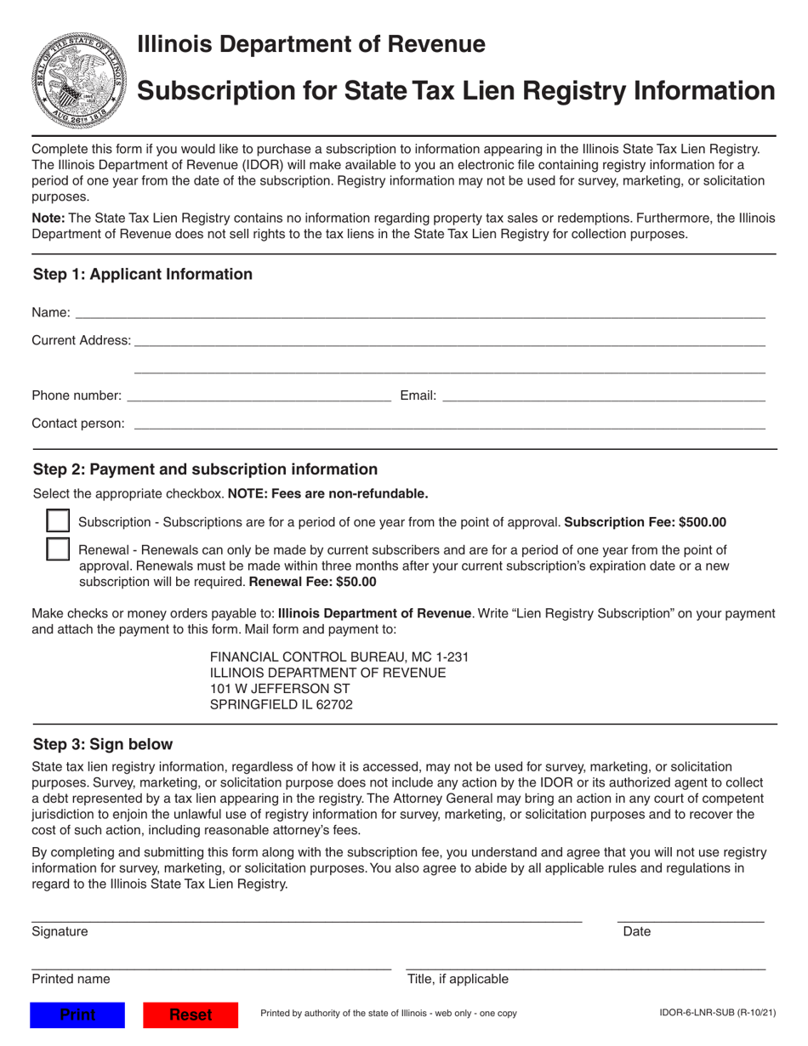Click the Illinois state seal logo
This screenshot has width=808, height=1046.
pyautogui.click(x=77, y=81)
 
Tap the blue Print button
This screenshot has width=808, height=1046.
pyautogui.click(x=77, y=1015)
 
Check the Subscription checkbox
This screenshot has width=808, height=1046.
pyautogui.click(x=57, y=522)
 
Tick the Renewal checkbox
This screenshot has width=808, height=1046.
pyautogui.click(x=57, y=549)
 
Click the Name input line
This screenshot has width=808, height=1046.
pyautogui.click(x=419, y=313)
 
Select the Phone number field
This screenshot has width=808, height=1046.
pyautogui.click(x=259, y=395)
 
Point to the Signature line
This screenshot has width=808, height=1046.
pyautogui.click(x=306, y=917)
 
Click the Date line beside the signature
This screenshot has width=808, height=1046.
pyautogui.click(x=690, y=917)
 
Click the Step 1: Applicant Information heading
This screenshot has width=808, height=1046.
pyautogui.click(x=143, y=274)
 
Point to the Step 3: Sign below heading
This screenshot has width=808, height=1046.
pyautogui.click(x=102, y=744)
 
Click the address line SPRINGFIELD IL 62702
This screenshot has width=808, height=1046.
pyautogui.click(x=281, y=704)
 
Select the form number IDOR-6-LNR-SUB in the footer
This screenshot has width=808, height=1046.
pyautogui.click(x=717, y=1014)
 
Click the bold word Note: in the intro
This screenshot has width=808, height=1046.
pyautogui.click(x=48, y=219)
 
